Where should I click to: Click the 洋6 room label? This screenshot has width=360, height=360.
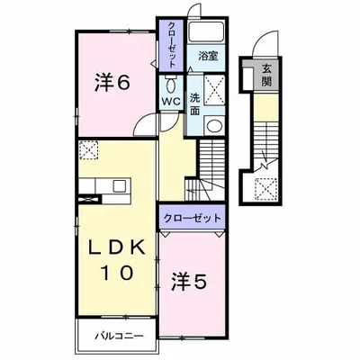(113, 83)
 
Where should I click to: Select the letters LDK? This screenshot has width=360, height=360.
(112, 248)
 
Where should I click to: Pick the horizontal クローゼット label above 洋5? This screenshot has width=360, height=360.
(192, 218)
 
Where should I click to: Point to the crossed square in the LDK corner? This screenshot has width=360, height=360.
(90, 150)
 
